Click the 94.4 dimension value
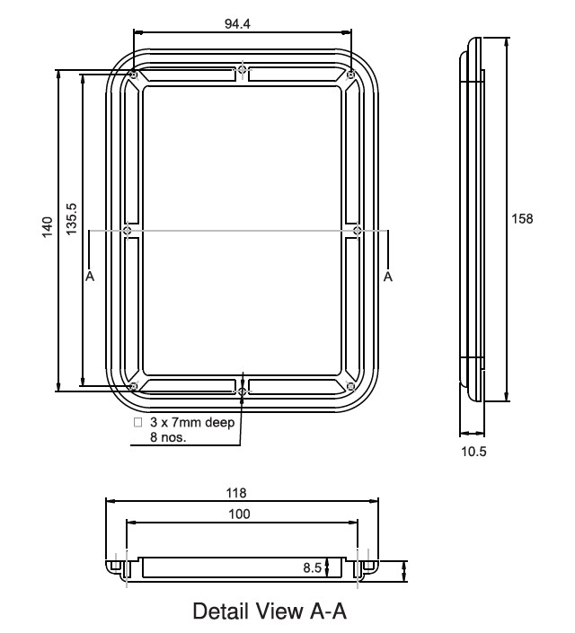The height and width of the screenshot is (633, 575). coord(237,23)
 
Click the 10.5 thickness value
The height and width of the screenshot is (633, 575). coord(473,452)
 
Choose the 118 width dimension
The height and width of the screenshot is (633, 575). coord(236,492)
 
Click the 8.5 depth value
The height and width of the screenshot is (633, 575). coord(311,567)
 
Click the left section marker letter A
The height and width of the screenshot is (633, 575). coord(89,277)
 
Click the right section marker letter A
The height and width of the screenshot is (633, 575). coord(388,277)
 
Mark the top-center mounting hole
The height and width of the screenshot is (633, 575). coord(242,69)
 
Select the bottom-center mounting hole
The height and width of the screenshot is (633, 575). coord(242,391)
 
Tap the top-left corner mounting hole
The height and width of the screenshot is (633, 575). coord(133,75)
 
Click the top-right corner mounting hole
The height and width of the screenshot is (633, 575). coord(350,75)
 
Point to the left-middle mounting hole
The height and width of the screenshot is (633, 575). coord(128,231)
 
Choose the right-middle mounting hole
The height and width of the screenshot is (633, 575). coord(358,231)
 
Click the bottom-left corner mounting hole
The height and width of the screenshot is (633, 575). coord(133,387)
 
